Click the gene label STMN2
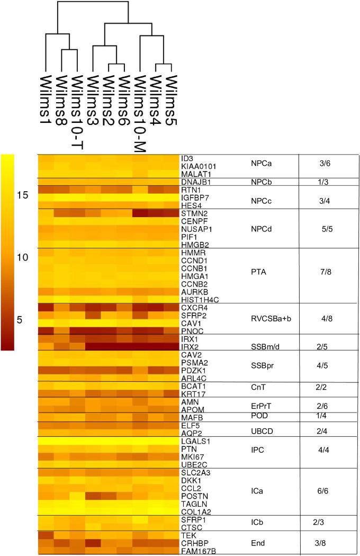click(192, 213)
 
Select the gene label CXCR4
click(192, 307)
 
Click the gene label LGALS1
click(193, 441)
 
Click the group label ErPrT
click(260, 405)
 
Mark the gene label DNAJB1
click(193, 182)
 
